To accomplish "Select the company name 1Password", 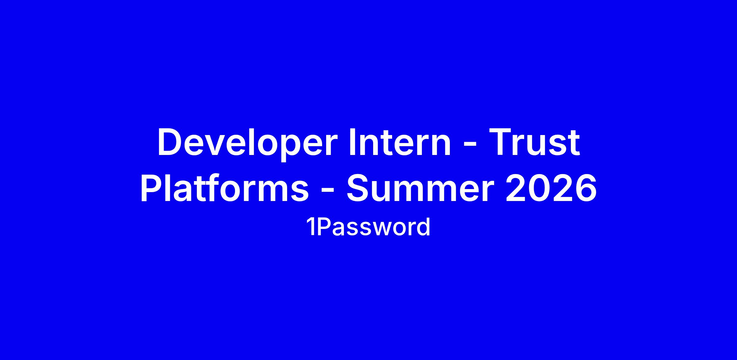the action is click(368, 227).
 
